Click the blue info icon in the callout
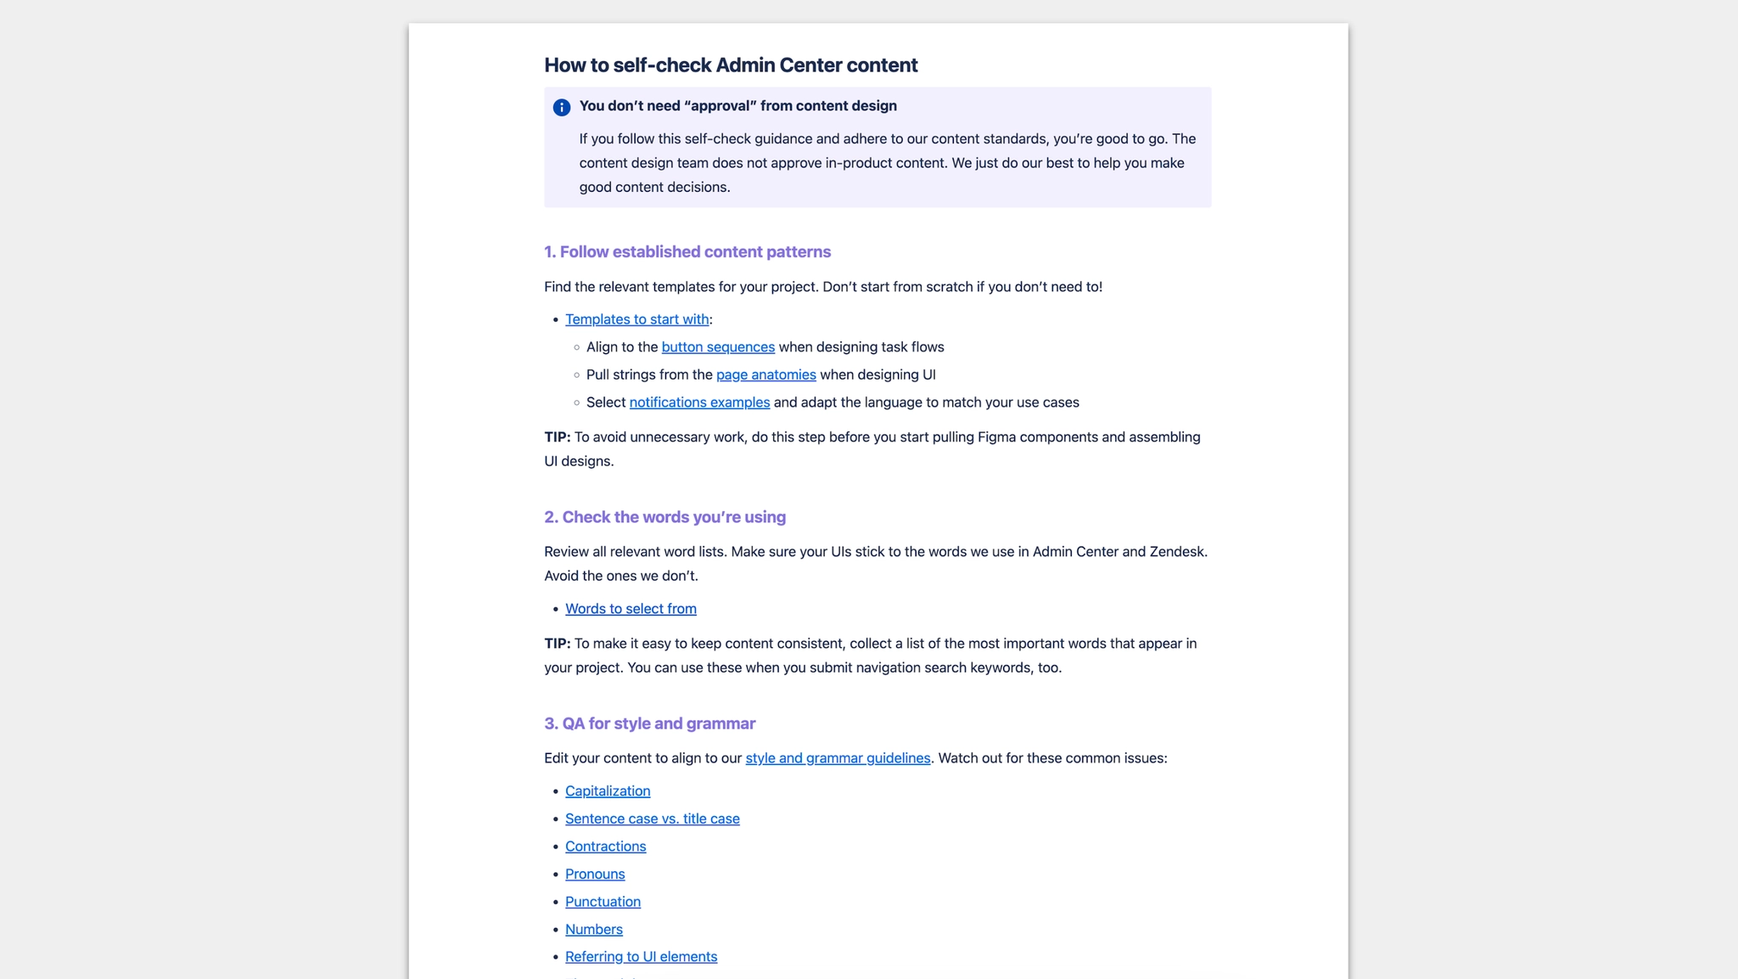point(561,108)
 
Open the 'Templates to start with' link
point(636,319)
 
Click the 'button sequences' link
point(718,346)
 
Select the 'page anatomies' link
point(765,374)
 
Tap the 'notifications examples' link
point(699,402)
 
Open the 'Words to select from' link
point(631,609)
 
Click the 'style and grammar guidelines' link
point(838,758)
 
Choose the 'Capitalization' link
point(608,791)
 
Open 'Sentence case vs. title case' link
point(652,819)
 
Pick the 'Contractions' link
point(605,847)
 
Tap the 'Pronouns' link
point(595,874)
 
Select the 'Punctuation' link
point(603,902)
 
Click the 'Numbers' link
point(593,929)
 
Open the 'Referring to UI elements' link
point(641,957)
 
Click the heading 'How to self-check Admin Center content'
point(731,65)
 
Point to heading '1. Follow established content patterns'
point(687,252)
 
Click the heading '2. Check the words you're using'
point(664,517)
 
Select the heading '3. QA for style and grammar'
point(649,723)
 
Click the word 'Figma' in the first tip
point(996,437)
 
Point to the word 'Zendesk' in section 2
point(1177,552)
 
